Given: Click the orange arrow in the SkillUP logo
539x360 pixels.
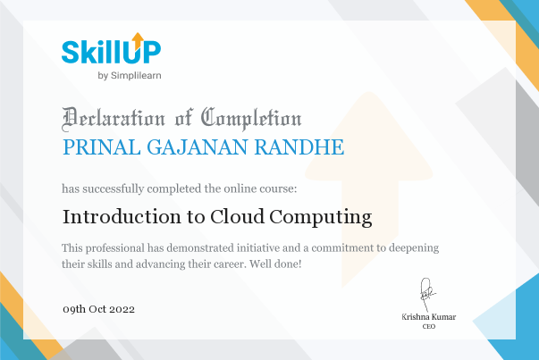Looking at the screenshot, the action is pos(138,41).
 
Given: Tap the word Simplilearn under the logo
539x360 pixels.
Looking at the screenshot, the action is pos(136,76).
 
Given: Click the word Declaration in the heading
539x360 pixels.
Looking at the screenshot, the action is pos(114,119).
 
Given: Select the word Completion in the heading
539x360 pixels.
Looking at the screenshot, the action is pos(251,119).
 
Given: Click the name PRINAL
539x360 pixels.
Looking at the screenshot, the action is pos(102,147).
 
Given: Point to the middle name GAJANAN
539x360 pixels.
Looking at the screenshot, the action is pos(198,147).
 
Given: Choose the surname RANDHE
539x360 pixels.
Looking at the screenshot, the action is pos(299,147).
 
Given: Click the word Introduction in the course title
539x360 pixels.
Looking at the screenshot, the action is pos(122,217).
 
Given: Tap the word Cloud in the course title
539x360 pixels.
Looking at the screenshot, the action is pos(237,217).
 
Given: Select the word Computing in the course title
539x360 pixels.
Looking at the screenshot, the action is pos(321,218).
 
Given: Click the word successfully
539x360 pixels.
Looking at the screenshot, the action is pos(114,188).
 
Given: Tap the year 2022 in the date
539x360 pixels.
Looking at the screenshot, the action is pos(122,309).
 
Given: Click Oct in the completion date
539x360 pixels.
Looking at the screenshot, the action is pos(97,309).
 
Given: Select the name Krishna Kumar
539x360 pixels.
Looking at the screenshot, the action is pos(429,317).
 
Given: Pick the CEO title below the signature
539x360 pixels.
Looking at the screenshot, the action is pos(429,326).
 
